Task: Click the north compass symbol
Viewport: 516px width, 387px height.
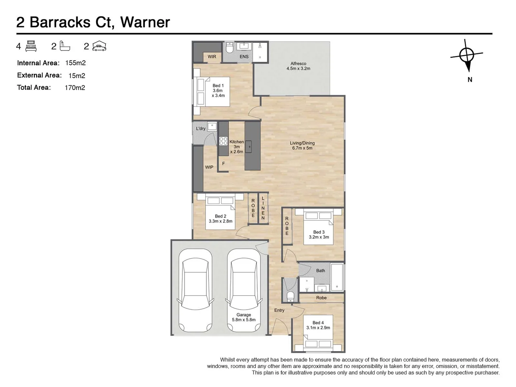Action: pyautogui.click(x=467, y=56)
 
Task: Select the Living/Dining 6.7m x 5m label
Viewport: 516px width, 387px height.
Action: pyautogui.click(x=302, y=145)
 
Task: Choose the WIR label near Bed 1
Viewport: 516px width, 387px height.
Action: pyautogui.click(x=212, y=57)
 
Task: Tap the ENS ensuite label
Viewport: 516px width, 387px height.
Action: pyautogui.click(x=244, y=57)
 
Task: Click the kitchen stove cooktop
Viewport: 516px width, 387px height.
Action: pyautogui.click(x=223, y=141)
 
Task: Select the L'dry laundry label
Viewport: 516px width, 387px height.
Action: pyautogui.click(x=201, y=129)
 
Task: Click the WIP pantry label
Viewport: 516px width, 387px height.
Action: pyautogui.click(x=209, y=167)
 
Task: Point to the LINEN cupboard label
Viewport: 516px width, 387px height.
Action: pyautogui.click(x=263, y=208)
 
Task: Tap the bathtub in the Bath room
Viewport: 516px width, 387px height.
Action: pyautogui.click(x=337, y=277)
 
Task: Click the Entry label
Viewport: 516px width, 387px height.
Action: pyautogui.click(x=279, y=310)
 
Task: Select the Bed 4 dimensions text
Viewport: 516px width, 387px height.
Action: pyautogui.click(x=318, y=328)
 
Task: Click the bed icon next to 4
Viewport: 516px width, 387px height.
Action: pyautogui.click(x=31, y=46)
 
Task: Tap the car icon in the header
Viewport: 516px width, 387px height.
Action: pyautogui.click(x=99, y=46)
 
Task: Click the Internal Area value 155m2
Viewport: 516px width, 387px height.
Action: pyautogui.click(x=75, y=63)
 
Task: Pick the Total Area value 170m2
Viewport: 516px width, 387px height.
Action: pyautogui.click(x=75, y=88)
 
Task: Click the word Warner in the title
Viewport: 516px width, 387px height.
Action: pyautogui.click(x=145, y=22)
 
